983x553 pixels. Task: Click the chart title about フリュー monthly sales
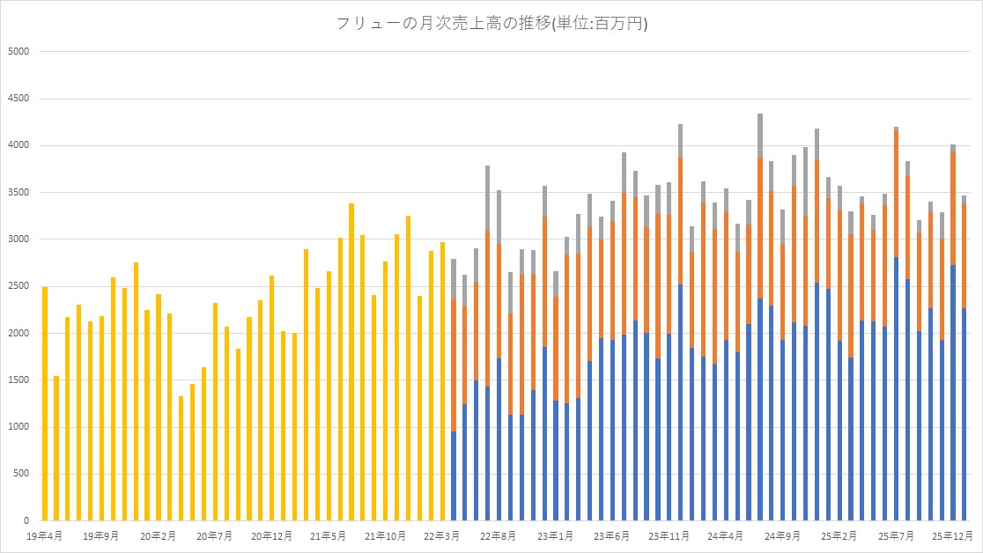(491, 24)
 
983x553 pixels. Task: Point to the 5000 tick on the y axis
(19, 51)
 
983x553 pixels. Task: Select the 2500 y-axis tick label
(19, 286)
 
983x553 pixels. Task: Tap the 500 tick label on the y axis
(22, 474)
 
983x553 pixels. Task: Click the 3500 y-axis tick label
(19, 192)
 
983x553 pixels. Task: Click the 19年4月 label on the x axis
(44, 535)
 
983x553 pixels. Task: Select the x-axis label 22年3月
(442, 535)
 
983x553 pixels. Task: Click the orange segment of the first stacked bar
(454, 365)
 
